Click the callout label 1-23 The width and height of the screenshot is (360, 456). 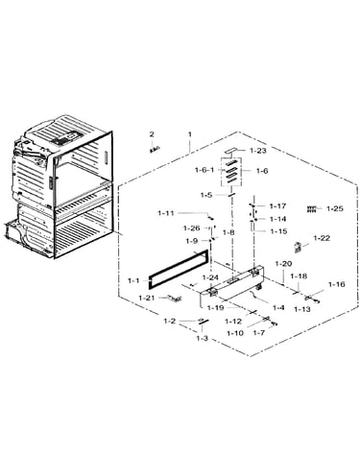[x=257, y=151]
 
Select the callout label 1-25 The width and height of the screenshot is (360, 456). [x=335, y=209]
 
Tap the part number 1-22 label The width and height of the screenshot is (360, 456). [x=322, y=238]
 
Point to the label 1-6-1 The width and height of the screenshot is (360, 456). [x=204, y=170]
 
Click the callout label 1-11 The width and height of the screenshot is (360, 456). [x=166, y=213]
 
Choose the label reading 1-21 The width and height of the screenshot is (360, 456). [x=147, y=298]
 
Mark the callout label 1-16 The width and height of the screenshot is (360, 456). [x=337, y=284]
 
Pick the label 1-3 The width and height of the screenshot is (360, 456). [x=202, y=338]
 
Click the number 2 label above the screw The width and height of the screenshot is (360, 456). [x=152, y=134]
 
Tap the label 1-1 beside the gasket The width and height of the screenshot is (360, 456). [x=133, y=281]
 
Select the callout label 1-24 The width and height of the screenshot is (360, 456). [x=210, y=277]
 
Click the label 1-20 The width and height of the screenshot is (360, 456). [x=283, y=264]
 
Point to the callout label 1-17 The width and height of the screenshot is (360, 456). [x=277, y=206]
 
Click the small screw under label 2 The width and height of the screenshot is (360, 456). [x=155, y=149]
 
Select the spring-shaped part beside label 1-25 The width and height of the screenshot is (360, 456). [x=311, y=209]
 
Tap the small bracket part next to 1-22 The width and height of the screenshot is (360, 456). [x=298, y=248]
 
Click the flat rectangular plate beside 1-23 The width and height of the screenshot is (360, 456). [x=231, y=150]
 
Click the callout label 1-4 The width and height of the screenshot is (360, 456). [x=278, y=308]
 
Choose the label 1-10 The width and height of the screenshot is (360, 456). [x=235, y=333]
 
